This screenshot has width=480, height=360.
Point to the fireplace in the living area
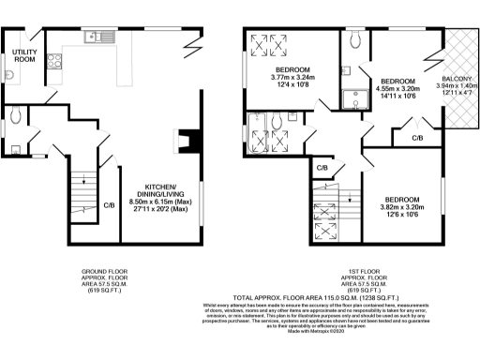(192, 141)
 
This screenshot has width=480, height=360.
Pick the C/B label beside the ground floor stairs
(109, 204)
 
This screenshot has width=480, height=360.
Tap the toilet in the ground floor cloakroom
(18, 118)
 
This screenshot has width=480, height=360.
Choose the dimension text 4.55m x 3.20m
(397, 90)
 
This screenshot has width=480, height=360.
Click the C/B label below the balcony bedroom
(417, 139)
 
